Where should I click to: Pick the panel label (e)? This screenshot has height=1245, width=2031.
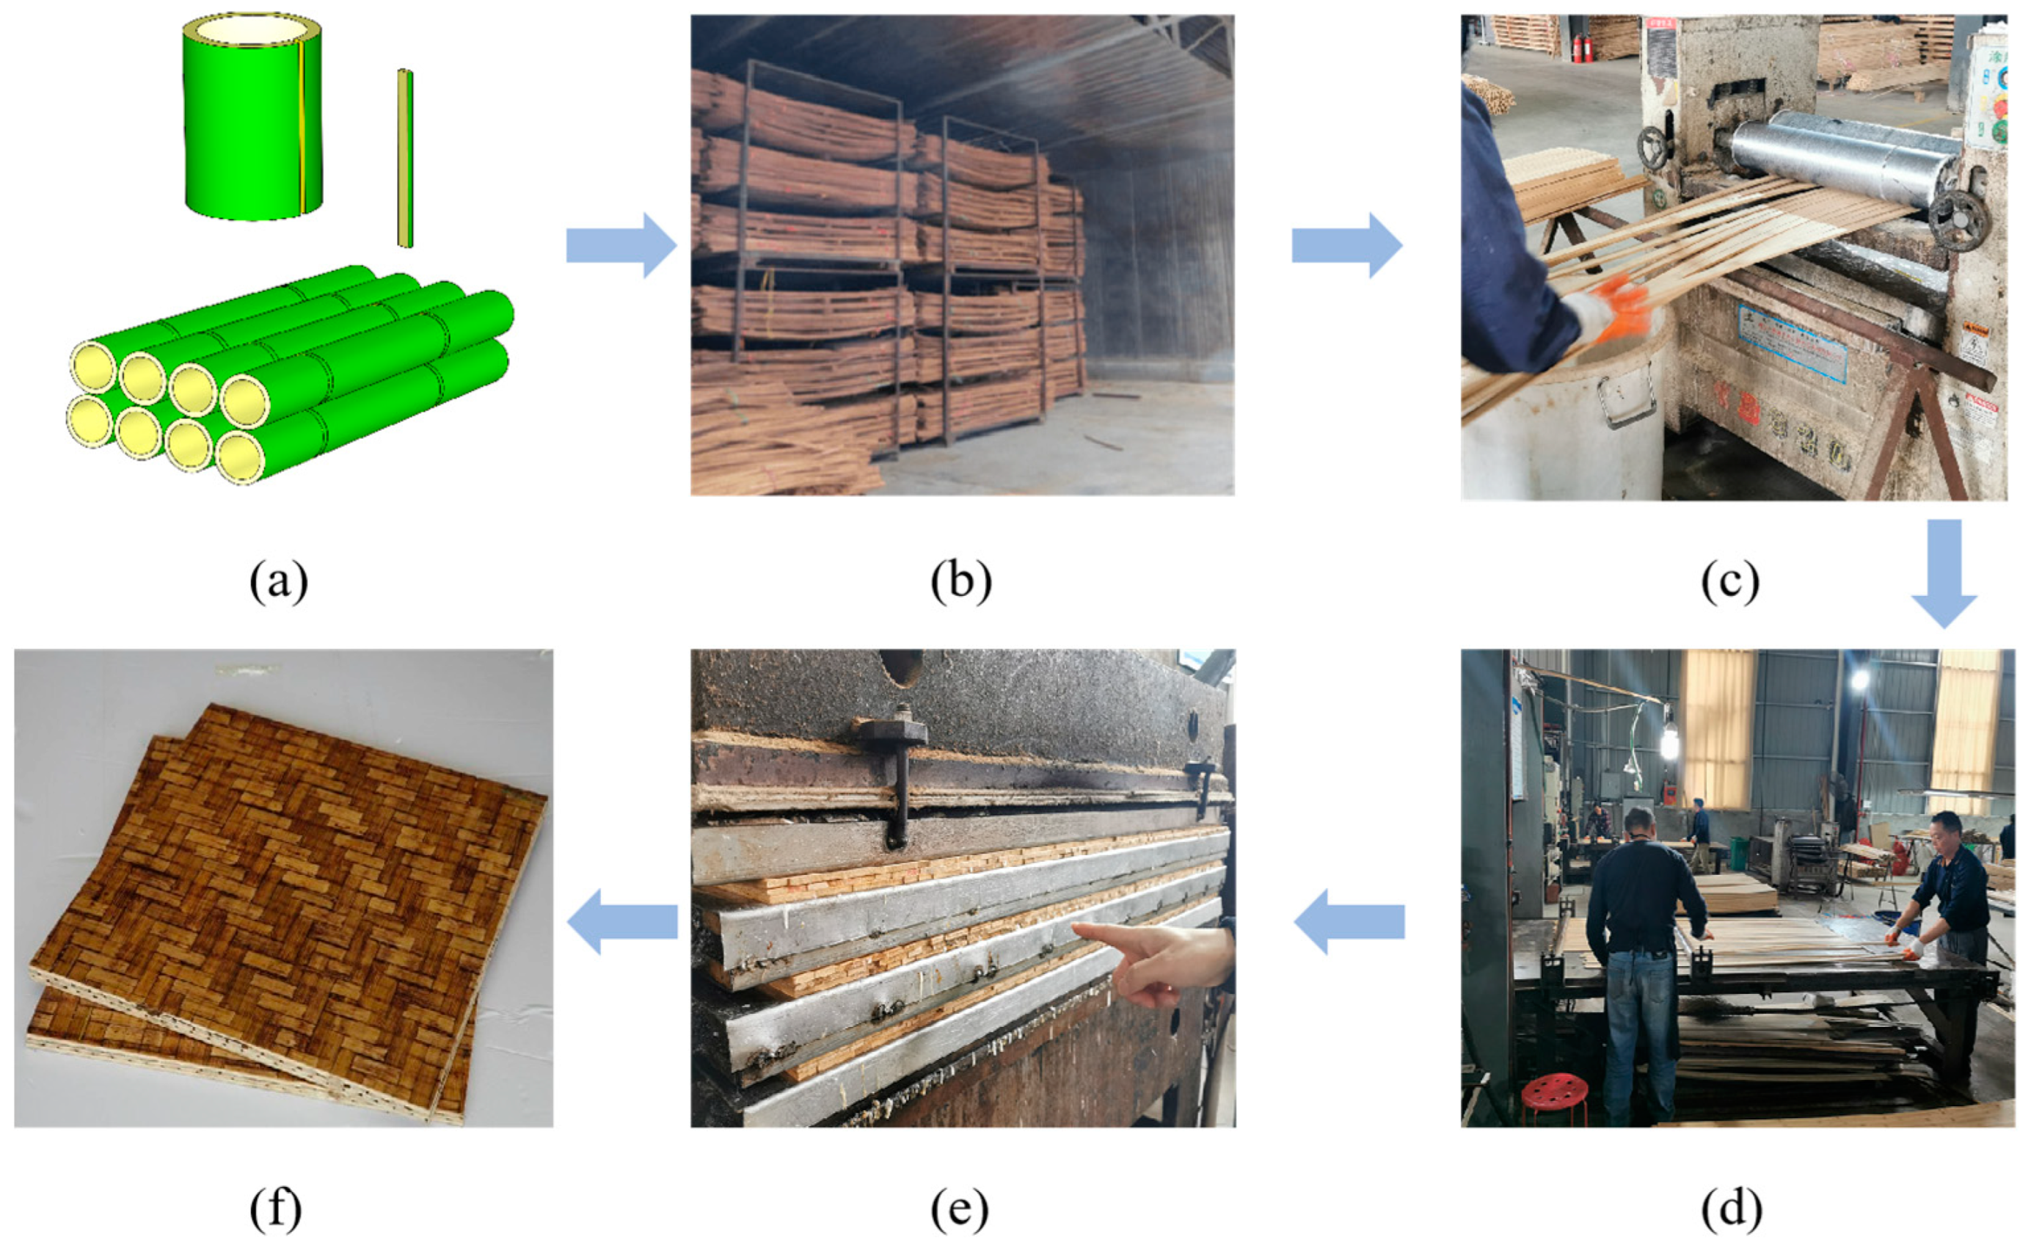pos(960,1210)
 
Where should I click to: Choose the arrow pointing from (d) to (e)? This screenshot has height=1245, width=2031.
pos(1349,921)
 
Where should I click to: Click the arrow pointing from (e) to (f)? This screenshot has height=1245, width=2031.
pos(622,921)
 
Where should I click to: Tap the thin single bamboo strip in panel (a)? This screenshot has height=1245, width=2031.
pos(405,159)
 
